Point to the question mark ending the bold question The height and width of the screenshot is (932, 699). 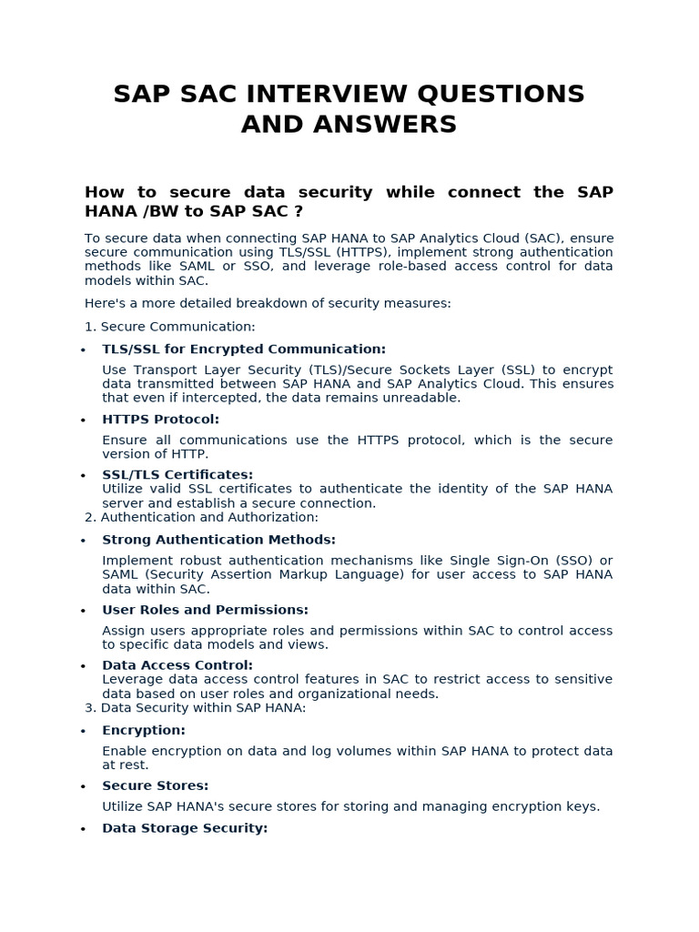coord(298,211)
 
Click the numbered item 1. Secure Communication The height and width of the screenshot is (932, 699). coord(170,327)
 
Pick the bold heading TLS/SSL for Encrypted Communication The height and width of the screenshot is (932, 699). coord(244,349)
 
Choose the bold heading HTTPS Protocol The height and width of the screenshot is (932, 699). coord(160,420)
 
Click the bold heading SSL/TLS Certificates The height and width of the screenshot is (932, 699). coord(177,475)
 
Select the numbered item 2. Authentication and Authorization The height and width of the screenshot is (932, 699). coord(201,518)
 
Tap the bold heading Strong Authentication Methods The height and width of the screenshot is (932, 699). coord(218,540)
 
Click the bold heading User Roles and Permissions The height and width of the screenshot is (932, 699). coord(205,610)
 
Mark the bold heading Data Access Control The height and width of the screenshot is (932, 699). coord(177,665)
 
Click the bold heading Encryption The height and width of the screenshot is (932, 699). coord(144,730)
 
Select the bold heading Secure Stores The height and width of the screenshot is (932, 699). coord(156,785)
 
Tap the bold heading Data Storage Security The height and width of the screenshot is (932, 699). coord(185,828)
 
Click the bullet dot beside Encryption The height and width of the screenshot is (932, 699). coord(83,731)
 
